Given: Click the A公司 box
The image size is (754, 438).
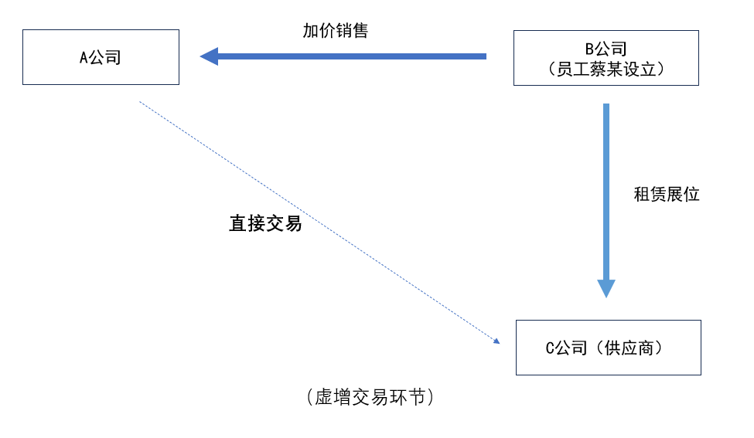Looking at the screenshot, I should [x=101, y=57].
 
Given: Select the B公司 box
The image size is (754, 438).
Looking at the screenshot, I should [x=606, y=58].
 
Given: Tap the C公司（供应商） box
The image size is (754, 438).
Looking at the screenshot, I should [x=608, y=348].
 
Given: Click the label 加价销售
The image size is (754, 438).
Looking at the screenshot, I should [x=335, y=31].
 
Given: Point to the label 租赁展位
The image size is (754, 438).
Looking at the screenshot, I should [x=666, y=195].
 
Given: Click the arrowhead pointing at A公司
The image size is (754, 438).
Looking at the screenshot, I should [x=208, y=56].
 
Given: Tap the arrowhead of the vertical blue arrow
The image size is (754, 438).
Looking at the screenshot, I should [x=606, y=288].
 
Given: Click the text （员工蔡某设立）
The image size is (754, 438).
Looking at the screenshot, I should [x=606, y=69].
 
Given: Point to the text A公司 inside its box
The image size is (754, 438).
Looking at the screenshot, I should [x=101, y=57].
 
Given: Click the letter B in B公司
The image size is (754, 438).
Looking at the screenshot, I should [x=590, y=49].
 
